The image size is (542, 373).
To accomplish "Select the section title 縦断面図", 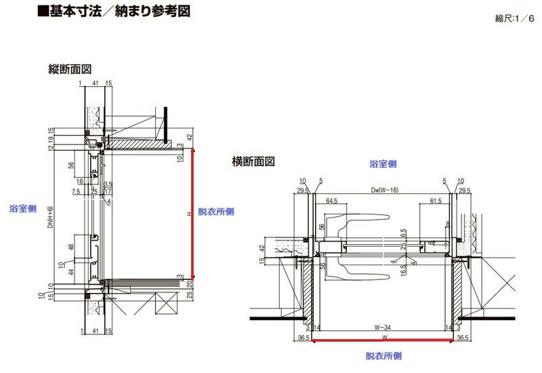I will tap(70, 69).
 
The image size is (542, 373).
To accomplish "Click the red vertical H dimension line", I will tap(194, 214).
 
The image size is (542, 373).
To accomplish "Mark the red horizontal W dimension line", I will tap(383, 341).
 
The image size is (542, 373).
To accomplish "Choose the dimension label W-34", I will tap(383, 327).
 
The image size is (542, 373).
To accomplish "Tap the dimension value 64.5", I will tap(332, 201).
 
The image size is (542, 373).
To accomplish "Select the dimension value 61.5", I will tap(435, 201).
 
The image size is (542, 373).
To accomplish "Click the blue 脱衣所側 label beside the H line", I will tap(215, 212).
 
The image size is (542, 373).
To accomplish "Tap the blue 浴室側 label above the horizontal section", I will tap(383, 164).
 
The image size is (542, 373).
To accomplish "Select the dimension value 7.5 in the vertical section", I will tap(76, 192).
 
